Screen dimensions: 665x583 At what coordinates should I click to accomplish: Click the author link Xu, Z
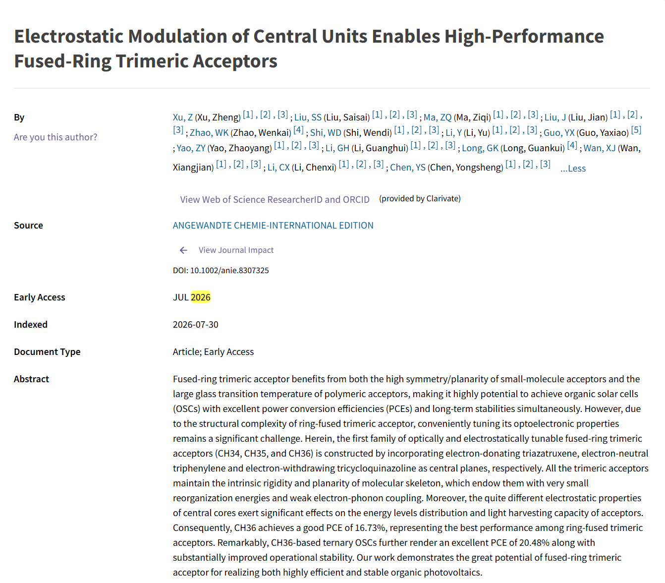tap(182, 117)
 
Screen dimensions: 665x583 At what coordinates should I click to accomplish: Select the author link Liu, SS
tap(308, 117)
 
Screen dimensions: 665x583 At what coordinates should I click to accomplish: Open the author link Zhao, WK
tap(209, 133)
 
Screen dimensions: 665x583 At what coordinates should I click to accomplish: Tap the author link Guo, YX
tap(559, 133)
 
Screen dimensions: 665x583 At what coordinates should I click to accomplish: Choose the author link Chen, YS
tap(408, 168)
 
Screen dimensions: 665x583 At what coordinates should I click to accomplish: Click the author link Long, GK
tap(480, 148)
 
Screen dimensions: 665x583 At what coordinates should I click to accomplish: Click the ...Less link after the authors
tap(573, 168)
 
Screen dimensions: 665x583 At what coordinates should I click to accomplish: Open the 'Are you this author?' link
tap(55, 137)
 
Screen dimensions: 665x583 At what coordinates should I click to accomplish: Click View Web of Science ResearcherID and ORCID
tap(275, 199)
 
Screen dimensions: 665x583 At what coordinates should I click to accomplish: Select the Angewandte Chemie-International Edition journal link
tap(273, 225)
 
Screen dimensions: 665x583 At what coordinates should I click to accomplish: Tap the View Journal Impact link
tap(236, 250)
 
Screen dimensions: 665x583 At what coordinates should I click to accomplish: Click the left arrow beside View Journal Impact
tap(183, 250)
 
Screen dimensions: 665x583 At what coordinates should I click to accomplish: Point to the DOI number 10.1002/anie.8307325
tap(229, 270)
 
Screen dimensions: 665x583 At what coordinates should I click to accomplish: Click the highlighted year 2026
tap(201, 297)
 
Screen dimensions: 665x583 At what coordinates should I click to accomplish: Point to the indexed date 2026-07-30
tap(196, 325)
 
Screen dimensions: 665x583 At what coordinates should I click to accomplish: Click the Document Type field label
tap(47, 352)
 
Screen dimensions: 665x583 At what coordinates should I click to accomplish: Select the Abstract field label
tap(31, 379)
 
